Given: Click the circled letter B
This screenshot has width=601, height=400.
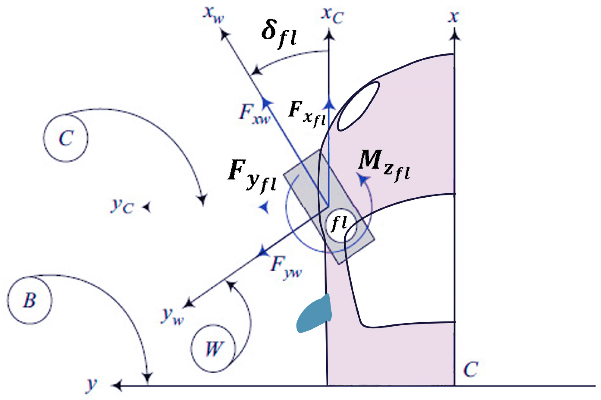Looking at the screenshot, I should [30, 300].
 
